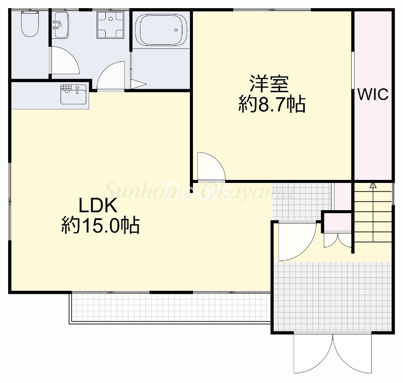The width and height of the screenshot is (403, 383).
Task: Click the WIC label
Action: coord(373,94)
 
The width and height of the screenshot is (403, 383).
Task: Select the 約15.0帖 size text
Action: coord(100,225)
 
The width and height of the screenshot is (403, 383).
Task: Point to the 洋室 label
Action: coord(269,83)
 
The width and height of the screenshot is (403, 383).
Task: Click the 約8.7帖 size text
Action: coord(272,104)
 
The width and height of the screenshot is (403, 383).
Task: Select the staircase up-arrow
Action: coord(373,185)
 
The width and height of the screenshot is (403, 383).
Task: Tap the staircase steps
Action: coord(372,217)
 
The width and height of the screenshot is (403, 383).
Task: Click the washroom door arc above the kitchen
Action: coord(111,75)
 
